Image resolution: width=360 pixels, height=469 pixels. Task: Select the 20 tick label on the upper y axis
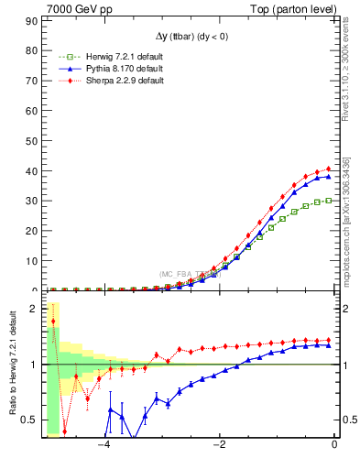[x=37, y=230]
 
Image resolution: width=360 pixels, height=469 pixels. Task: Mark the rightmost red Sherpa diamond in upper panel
[x=329, y=169]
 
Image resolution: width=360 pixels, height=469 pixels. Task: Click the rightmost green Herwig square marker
[x=329, y=200]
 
